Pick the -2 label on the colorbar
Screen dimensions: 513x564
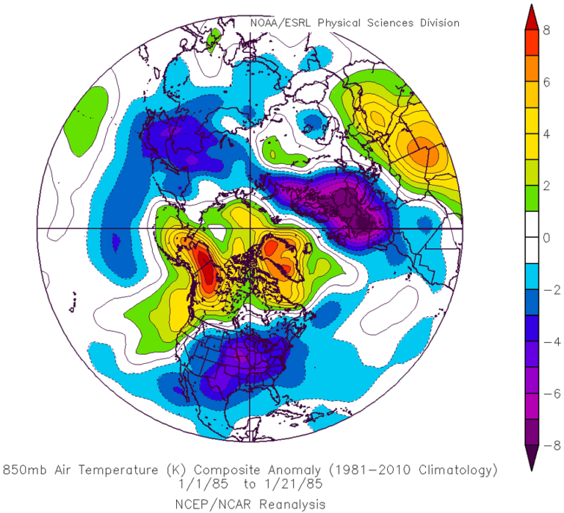[x=546, y=290]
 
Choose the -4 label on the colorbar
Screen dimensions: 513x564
[x=546, y=342]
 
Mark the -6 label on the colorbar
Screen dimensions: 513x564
[x=546, y=394]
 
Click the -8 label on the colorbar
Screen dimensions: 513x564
[x=546, y=445]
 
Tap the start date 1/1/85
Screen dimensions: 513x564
[x=192, y=482]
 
